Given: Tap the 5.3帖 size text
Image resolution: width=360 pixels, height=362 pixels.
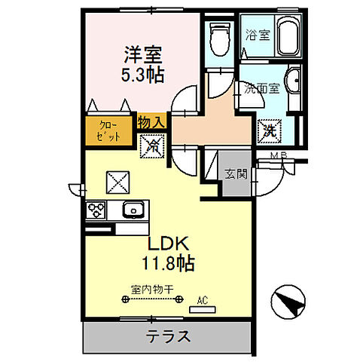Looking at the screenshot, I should click(x=143, y=75).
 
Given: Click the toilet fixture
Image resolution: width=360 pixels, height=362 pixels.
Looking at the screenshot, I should click(x=218, y=38).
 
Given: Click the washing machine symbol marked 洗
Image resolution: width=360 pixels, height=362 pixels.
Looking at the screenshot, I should click(x=269, y=130).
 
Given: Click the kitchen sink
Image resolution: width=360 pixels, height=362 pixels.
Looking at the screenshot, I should click(x=133, y=210).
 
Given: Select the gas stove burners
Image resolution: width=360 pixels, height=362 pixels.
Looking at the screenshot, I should click(x=96, y=210).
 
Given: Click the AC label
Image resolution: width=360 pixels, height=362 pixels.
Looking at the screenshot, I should click(x=201, y=300).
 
